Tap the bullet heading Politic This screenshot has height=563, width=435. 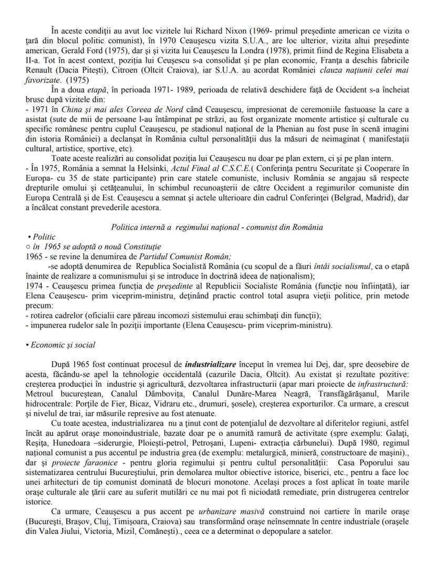[44, 237]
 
